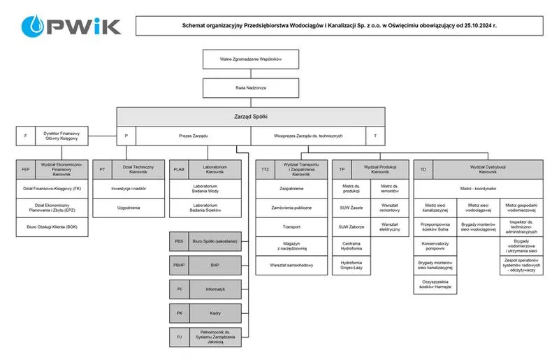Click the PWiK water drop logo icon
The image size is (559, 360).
click(x=33, y=27)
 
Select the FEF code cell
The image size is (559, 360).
click(x=26, y=169)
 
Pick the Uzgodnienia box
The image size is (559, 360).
click(x=128, y=208)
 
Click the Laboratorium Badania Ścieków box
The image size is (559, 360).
click(x=205, y=208)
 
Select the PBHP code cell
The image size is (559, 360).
click(x=179, y=266)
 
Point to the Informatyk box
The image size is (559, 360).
click(x=215, y=289)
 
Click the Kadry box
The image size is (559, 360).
click(x=215, y=312)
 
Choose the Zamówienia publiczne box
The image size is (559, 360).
click(x=291, y=208)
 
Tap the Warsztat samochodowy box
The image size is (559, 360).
click(x=291, y=266)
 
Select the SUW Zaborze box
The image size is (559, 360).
click(x=351, y=227)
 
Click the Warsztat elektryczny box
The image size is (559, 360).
click(x=389, y=227)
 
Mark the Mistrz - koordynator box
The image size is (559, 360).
click(x=478, y=189)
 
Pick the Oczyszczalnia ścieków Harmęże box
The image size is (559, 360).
click(x=435, y=285)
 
